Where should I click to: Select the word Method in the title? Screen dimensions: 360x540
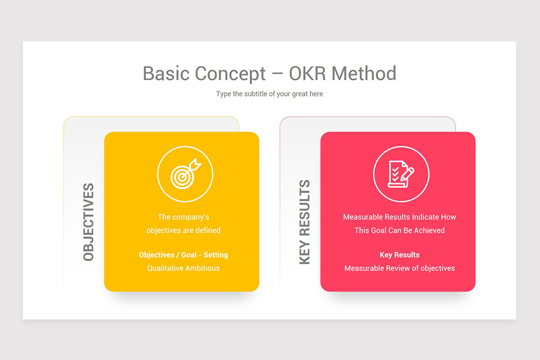pyautogui.click(x=364, y=73)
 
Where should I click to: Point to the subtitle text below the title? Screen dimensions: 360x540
pyautogui.click(x=270, y=94)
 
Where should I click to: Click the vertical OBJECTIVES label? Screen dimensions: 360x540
pyautogui.click(x=89, y=222)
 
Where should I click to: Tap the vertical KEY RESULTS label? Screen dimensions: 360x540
pyautogui.click(x=305, y=222)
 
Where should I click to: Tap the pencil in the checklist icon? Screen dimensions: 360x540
pyautogui.click(x=407, y=173)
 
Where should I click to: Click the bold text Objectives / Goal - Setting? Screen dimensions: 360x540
pyautogui.click(x=184, y=255)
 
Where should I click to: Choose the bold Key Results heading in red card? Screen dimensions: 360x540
pyautogui.click(x=400, y=255)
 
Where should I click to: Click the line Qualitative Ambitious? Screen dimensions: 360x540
pyautogui.click(x=184, y=268)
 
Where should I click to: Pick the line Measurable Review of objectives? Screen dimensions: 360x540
pyautogui.click(x=400, y=268)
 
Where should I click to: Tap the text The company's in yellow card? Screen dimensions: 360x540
pyautogui.click(x=184, y=217)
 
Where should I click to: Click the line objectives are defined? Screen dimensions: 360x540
pyautogui.click(x=184, y=230)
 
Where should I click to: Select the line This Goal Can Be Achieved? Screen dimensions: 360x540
pyautogui.click(x=400, y=230)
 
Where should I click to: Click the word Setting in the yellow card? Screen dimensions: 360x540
pyautogui.click(x=216, y=255)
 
